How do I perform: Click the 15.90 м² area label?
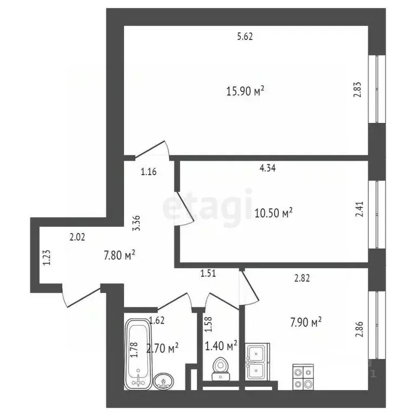(x=245, y=92)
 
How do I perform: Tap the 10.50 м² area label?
(x=274, y=213)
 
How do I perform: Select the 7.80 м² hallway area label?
(x=119, y=253)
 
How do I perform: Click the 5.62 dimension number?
(x=245, y=37)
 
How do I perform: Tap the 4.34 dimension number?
(x=268, y=168)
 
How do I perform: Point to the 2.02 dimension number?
(x=77, y=236)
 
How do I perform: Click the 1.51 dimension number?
(x=209, y=274)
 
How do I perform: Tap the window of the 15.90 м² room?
(x=376, y=88)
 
